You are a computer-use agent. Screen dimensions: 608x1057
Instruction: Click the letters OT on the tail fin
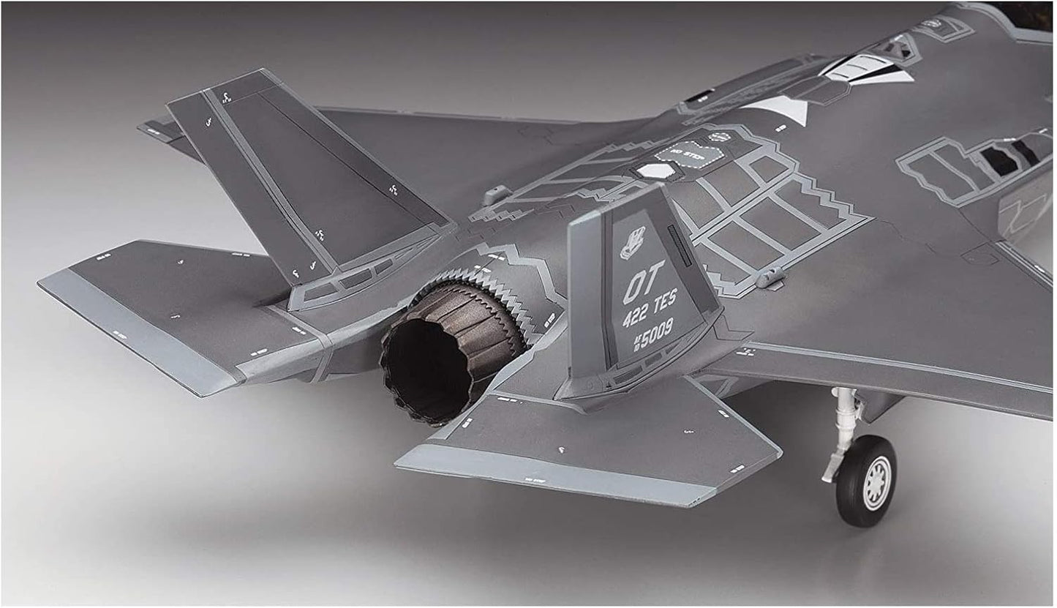pos(644,292)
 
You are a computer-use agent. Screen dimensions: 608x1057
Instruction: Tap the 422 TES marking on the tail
pos(650,319)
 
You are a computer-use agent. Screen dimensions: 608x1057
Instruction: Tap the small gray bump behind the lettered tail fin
pos(767,278)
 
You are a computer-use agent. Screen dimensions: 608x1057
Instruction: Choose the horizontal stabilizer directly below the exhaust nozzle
pos(585,446)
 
